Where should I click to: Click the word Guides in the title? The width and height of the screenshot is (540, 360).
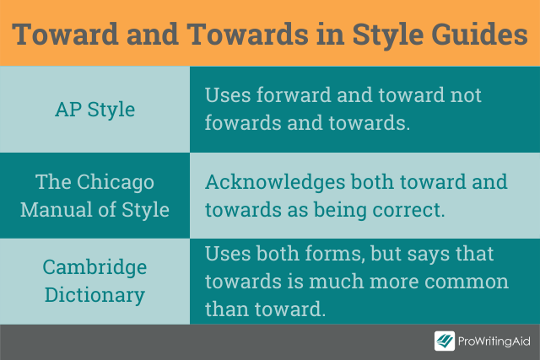[479, 34]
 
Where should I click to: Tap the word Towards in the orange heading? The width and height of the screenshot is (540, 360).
[247, 34]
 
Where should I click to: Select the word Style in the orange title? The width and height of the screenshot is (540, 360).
[388, 35]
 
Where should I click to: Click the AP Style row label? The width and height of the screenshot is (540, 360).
[94, 110]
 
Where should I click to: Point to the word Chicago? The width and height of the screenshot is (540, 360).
[116, 182]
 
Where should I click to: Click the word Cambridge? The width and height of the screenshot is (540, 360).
[94, 267]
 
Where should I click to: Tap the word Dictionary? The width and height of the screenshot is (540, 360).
[94, 296]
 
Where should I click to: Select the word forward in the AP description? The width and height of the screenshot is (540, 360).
[294, 94]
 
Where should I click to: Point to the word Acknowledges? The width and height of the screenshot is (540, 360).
[275, 182]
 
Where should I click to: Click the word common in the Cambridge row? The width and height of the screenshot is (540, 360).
[467, 282]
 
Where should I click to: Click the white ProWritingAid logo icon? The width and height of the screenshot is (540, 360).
[445, 341]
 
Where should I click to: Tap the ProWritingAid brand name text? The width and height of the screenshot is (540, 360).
[494, 341]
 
